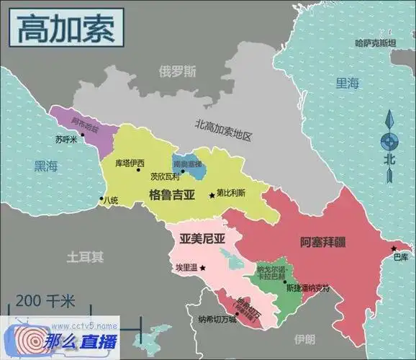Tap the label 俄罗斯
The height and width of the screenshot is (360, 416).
tap(177, 71)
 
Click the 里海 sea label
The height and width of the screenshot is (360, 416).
tap(347, 84)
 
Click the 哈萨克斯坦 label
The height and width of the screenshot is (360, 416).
tap(375, 43)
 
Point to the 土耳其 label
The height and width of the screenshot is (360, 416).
tap(85, 256)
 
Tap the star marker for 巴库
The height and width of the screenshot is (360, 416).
tap(394, 248)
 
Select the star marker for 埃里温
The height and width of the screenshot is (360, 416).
tap(202, 268)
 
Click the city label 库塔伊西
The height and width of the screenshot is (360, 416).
tap(130, 163)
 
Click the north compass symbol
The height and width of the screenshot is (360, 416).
tap(389, 143)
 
